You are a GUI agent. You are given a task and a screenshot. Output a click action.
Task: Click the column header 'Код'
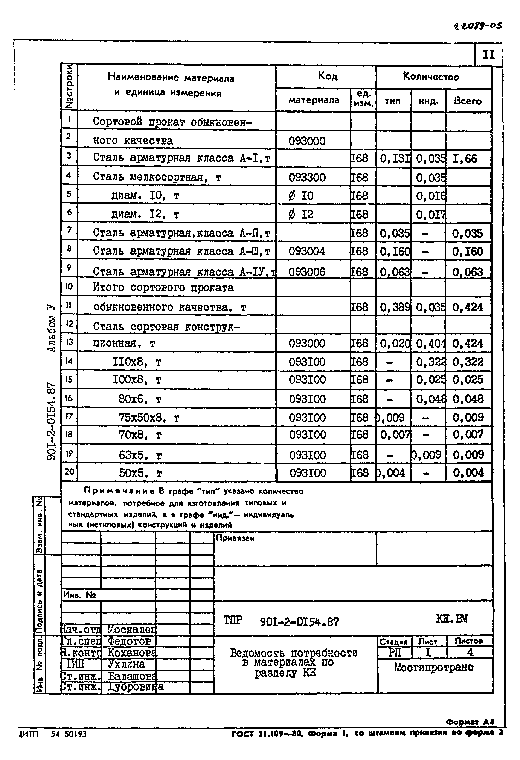pyautogui.click(x=328, y=76)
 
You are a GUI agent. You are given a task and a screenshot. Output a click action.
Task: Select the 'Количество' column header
pyautogui.click(x=431, y=77)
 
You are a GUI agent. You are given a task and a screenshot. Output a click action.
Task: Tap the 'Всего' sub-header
pyautogui.click(x=468, y=101)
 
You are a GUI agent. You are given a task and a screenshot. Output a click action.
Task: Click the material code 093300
pyautogui.click(x=307, y=178)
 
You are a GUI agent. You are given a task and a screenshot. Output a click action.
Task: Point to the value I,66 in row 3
pyautogui.click(x=465, y=159)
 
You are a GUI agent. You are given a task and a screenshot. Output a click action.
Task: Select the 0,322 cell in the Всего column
pyautogui.click(x=468, y=362)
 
